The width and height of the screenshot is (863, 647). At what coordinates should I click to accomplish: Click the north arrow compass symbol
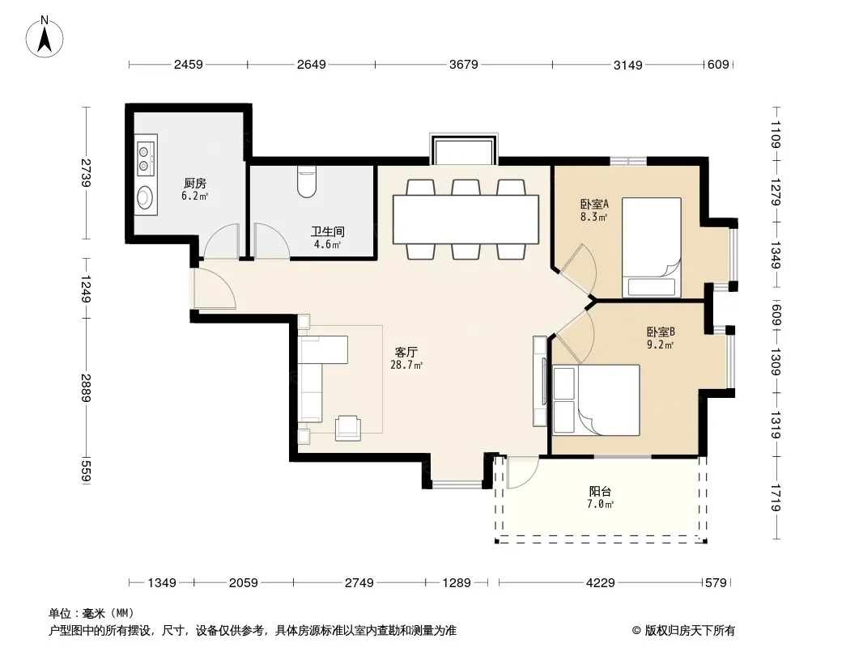(45, 36)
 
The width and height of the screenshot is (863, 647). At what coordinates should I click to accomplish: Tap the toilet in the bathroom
(307, 181)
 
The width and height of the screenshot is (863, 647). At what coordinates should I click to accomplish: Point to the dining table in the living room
(466, 219)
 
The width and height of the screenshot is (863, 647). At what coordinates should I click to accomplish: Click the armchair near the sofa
(348, 428)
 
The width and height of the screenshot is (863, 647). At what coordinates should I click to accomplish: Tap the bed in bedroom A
(652, 248)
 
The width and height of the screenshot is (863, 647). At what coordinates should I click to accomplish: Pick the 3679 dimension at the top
(463, 65)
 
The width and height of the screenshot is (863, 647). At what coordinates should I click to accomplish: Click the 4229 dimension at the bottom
(600, 582)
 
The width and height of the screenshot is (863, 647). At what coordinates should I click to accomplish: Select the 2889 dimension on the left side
(86, 388)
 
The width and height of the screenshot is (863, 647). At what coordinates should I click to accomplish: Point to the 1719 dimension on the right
(776, 497)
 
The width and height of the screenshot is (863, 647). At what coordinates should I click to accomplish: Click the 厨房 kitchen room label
(195, 183)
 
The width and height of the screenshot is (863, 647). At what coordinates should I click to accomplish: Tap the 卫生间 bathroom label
(328, 231)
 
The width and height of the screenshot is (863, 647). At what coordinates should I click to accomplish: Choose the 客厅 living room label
(406, 352)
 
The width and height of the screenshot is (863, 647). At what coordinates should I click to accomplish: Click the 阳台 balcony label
(600, 492)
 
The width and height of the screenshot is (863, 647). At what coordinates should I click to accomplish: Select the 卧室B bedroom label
(661, 332)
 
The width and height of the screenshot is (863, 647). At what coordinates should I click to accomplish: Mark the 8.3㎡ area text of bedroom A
(594, 217)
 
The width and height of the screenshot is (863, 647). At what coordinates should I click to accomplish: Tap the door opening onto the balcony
(521, 472)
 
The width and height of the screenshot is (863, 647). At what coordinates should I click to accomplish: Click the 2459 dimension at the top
(189, 65)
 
